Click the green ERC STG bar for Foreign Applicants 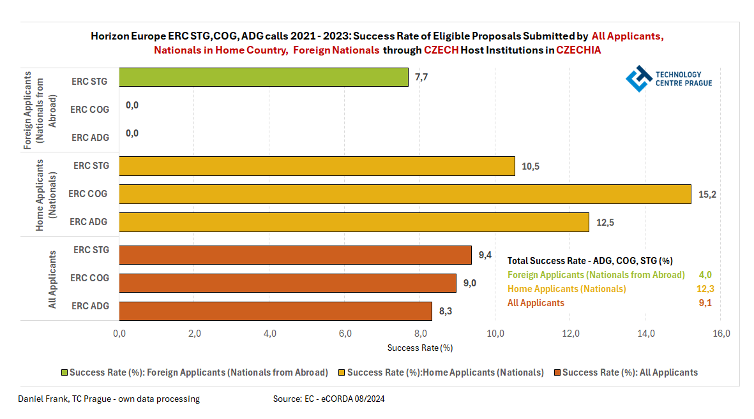[x=264, y=77]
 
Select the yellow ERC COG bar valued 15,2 [x=405, y=194]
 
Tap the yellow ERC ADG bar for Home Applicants [x=354, y=222]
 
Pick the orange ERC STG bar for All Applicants [x=295, y=254]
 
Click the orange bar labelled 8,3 [x=275, y=311]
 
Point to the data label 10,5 [x=531, y=166]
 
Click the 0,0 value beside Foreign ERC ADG [x=132, y=133]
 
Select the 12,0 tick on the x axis [x=570, y=334]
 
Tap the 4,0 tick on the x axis [x=269, y=334]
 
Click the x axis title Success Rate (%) [x=420, y=348]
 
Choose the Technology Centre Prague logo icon [x=638, y=79]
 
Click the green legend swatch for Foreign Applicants [x=64, y=372]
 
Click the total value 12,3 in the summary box [x=705, y=289]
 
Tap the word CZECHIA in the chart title [x=578, y=50]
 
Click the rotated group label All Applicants [x=53, y=279]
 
